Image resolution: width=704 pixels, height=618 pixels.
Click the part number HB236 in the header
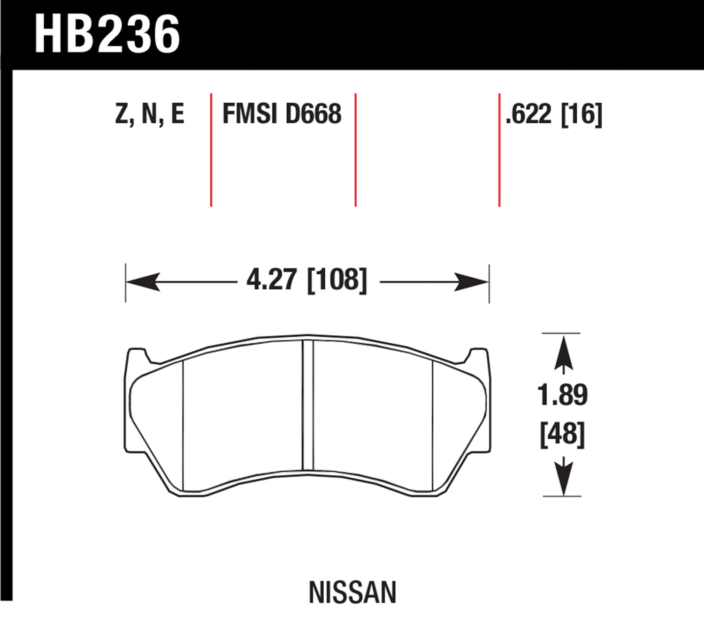coord(107,34)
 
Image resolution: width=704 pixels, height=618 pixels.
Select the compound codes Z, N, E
coord(149,114)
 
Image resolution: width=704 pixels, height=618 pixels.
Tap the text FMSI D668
coord(282,113)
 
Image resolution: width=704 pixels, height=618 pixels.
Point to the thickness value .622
coord(528,114)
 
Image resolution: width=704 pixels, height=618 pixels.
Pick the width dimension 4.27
coord(272,279)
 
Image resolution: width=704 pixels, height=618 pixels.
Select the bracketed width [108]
coord(337,280)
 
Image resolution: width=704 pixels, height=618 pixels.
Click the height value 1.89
coord(562,395)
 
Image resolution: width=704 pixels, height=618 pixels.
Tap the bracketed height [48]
coord(562,435)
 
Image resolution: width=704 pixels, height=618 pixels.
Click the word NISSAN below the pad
coord(352,593)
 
